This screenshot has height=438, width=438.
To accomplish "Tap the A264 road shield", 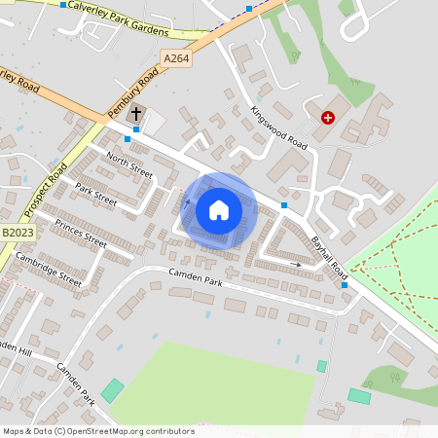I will tap(176, 59).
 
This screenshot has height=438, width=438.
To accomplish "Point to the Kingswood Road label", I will tap(278, 128).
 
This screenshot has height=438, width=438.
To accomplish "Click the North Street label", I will tap(129, 164).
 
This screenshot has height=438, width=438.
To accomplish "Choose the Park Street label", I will tap(95, 195).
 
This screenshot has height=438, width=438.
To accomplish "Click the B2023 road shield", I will tap(17, 233).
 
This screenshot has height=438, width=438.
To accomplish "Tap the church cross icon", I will tap(135, 115).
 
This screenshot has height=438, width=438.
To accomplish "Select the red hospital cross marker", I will tap(328, 118).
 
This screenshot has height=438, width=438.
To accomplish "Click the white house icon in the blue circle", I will tap(219, 209).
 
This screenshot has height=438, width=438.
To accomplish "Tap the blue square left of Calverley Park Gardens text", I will tap(64, 5).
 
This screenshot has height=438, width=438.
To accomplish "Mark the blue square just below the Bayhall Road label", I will tap(345, 285).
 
